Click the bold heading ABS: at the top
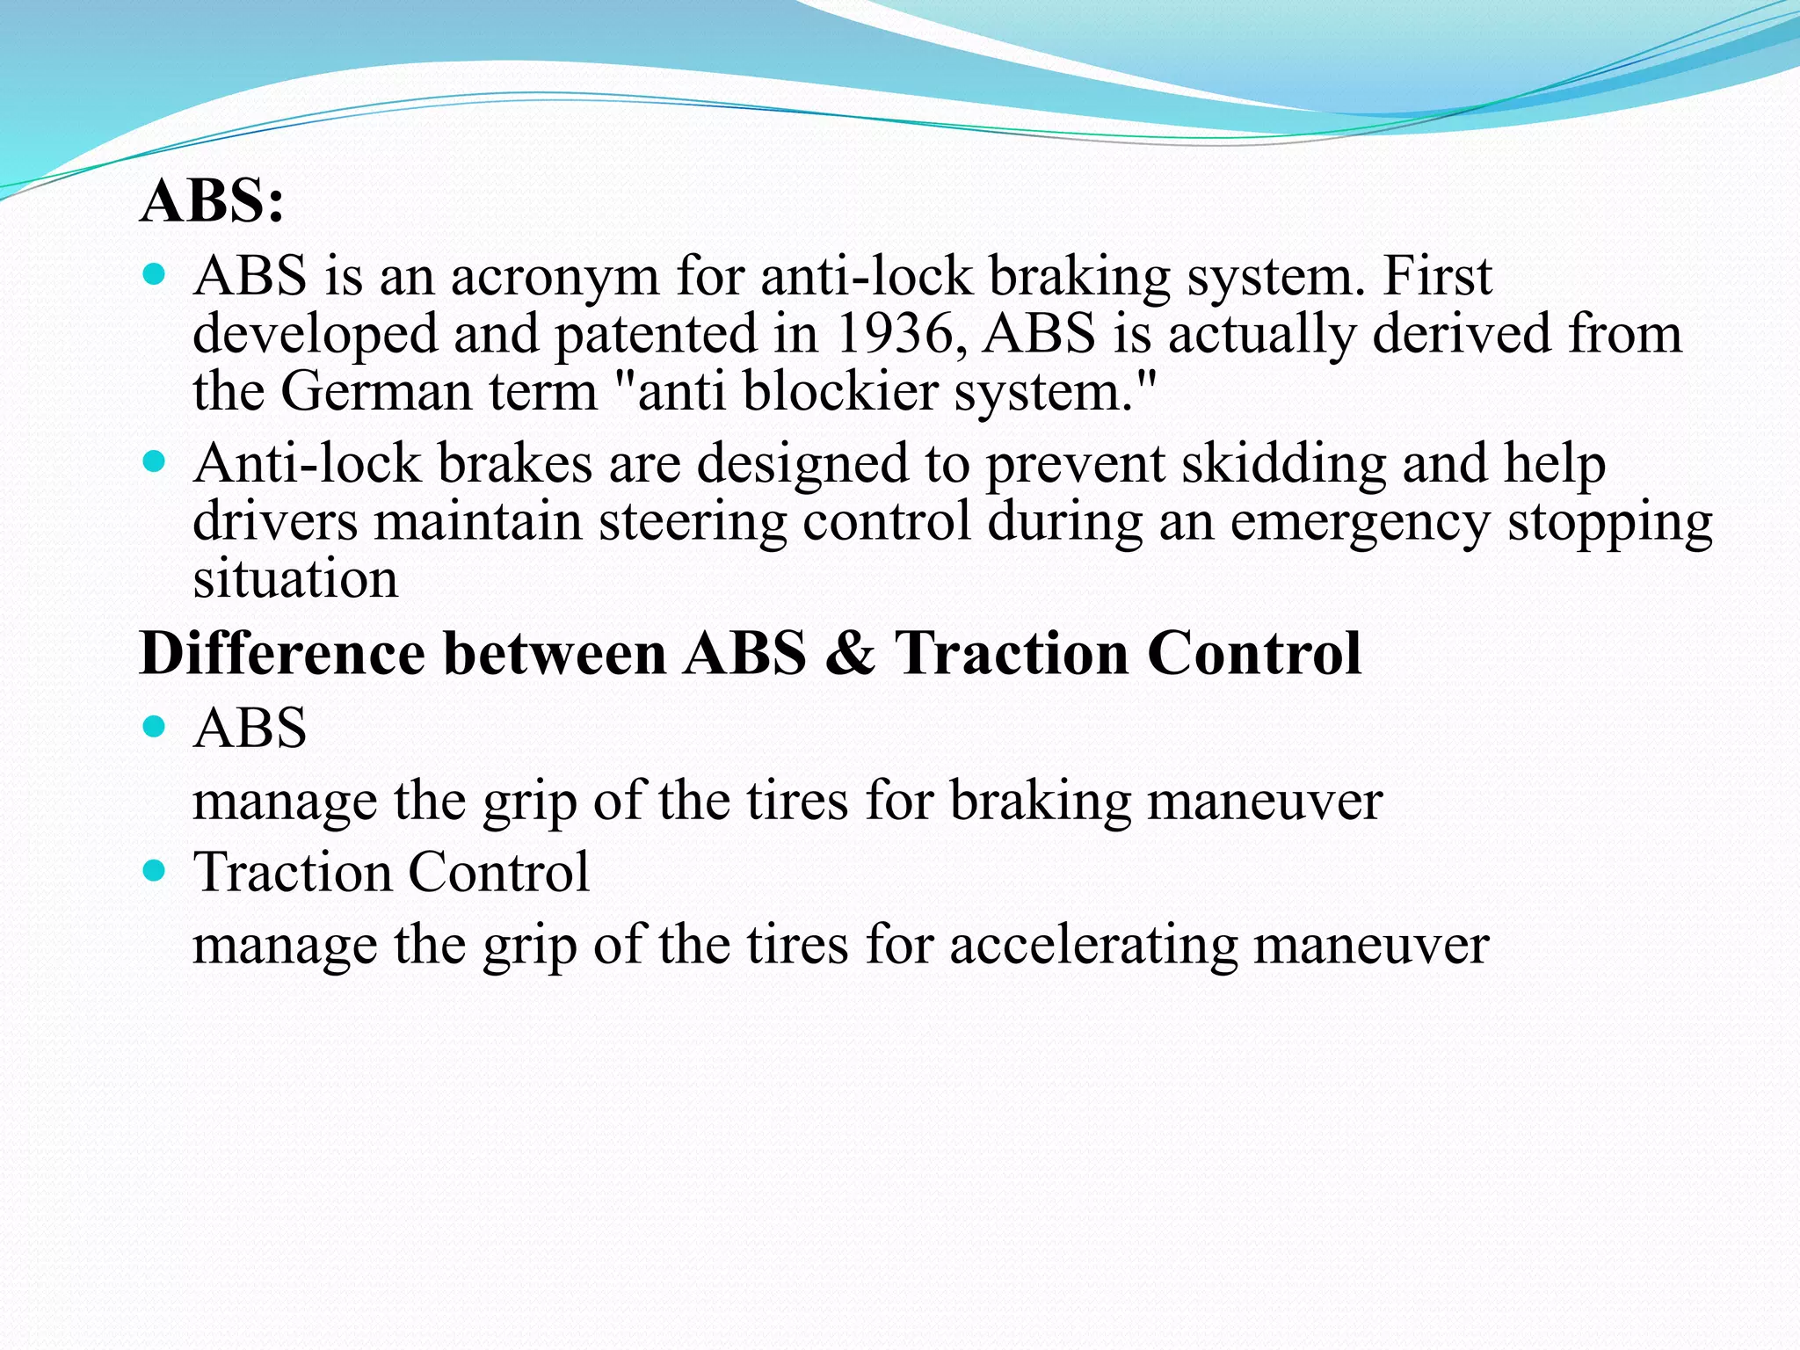click(x=212, y=201)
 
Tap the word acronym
click(x=555, y=277)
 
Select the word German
click(x=376, y=392)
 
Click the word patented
click(x=656, y=335)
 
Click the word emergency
click(x=1360, y=522)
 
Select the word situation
click(x=295, y=580)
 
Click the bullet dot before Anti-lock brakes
click(x=154, y=462)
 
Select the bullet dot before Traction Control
click(x=154, y=871)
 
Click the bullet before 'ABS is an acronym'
click(x=154, y=275)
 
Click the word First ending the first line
click(x=1437, y=277)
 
